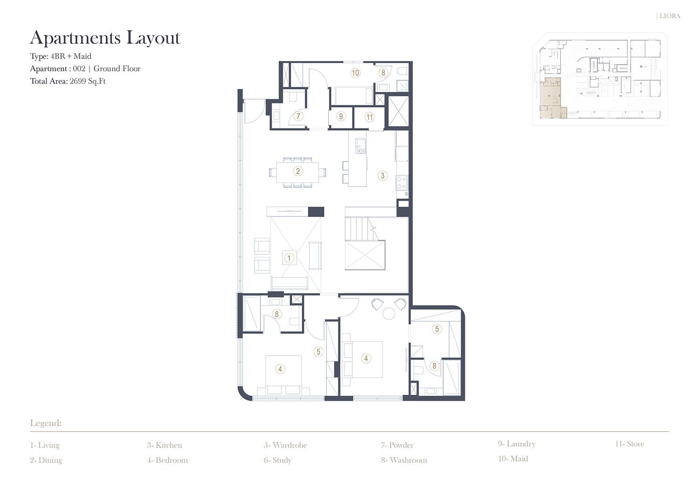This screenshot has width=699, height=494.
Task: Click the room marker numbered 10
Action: pos(356,73)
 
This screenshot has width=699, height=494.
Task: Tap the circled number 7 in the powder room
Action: pos(298,116)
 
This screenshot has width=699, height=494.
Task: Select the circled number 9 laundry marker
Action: pos(341,116)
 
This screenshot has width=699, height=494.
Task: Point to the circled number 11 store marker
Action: pos(370,117)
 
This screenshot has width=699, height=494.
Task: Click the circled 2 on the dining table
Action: pos(298,171)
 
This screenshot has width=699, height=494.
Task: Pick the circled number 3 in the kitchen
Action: pos(383,176)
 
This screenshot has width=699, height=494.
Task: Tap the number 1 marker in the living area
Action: pos(289,258)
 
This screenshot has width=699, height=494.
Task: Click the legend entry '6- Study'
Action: pos(277,460)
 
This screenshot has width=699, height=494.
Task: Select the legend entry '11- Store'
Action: pos(630,443)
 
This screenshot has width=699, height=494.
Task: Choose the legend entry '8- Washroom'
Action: pos(404,460)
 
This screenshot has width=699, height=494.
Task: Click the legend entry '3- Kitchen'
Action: pos(164,445)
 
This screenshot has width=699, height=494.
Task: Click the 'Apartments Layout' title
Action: pos(105,38)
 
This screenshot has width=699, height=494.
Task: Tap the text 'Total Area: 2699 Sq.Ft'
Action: pos(68,81)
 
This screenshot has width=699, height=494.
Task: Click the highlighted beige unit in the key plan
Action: pos(551,98)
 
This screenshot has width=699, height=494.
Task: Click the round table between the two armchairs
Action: pos(389,313)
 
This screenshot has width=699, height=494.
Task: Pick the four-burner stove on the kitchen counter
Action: pos(402,183)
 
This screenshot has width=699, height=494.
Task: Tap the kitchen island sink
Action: pos(361,146)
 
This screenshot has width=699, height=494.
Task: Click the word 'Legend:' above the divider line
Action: pos(46,423)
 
